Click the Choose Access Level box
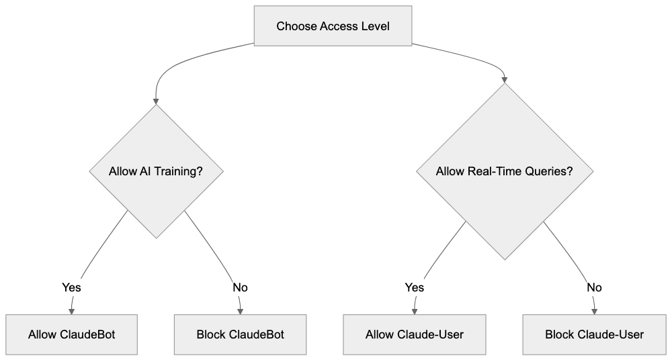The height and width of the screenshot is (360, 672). click(333, 26)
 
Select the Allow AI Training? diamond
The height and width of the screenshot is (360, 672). click(156, 171)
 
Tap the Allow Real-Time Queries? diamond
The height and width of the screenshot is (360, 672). click(504, 171)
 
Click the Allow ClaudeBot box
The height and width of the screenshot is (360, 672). click(72, 334)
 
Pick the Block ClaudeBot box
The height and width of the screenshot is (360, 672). click(241, 334)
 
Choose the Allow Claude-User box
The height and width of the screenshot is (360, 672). click(415, 334)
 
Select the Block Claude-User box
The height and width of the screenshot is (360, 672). click(594, 334)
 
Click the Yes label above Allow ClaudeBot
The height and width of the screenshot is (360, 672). click(71, 287)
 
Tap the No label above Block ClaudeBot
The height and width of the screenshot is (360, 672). click(240, 287)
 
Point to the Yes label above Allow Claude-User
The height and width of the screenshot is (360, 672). click(415, 287)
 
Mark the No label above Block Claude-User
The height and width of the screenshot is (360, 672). click(594, 287)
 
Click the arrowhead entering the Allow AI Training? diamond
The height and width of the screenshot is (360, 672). click(156, 100)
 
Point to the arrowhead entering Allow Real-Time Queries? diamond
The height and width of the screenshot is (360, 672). click(505, 79)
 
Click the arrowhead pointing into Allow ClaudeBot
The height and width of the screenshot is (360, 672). click(72, 310)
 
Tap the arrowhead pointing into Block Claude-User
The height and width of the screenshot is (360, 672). click(594, 310)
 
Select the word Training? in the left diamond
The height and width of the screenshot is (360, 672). click(179, 171)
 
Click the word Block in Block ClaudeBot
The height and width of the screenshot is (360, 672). click(211, 334)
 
